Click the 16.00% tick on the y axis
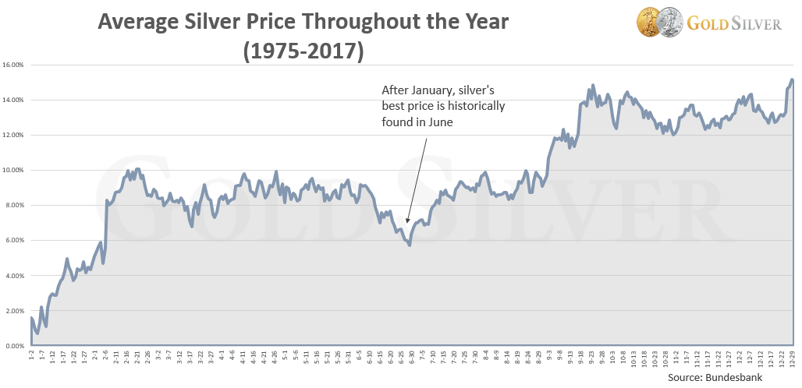click(x=14, y=65)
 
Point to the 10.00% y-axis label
click(x=14, y=170)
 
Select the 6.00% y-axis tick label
click(x=16, y=240)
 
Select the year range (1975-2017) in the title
click(x=303, y=52)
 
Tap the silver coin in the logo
click(x=670, y=20)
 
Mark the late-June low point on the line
click(x=410, y=245)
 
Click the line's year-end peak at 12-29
click(x=791, y=79)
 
